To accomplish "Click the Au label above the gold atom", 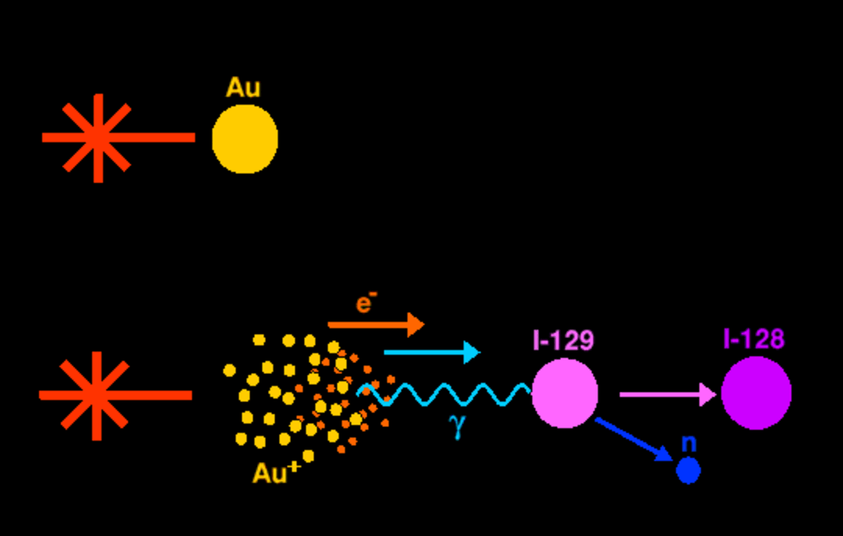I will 243,88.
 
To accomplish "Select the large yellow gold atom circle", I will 245,139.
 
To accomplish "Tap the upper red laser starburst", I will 98,138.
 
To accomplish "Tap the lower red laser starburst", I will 96,395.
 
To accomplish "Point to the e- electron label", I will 366,304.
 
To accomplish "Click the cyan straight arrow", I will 428,352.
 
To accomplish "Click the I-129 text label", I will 563,340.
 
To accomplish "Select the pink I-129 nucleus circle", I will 564,393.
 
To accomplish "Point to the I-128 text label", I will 754,339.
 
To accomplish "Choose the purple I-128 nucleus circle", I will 756,394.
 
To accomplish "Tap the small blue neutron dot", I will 688,470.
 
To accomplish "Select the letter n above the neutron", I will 689,443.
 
